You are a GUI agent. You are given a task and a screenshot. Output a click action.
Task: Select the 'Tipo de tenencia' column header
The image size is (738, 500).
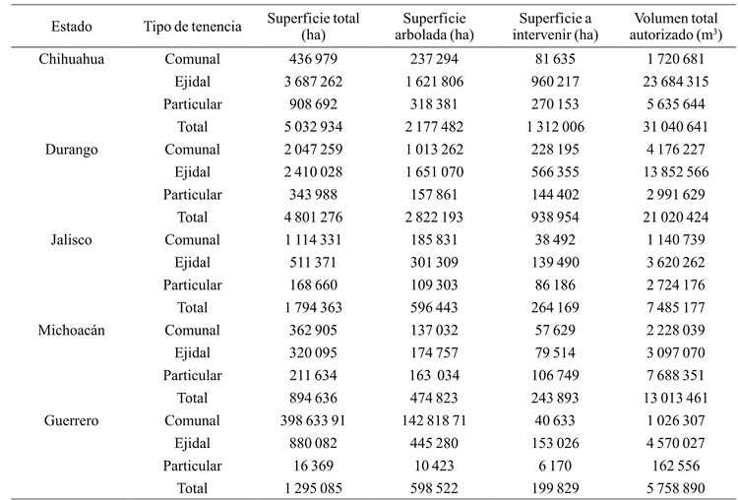[192, 27]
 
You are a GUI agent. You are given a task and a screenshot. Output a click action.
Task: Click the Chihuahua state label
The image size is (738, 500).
[72, 59]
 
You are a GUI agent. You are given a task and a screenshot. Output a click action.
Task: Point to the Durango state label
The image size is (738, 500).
[72, 150]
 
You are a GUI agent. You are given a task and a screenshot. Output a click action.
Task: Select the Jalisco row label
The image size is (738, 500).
[72, 239]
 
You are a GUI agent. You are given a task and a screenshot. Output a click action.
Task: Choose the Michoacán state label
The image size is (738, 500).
[72, 330]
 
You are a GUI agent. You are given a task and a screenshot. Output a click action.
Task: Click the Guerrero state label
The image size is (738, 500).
[72, 420]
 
